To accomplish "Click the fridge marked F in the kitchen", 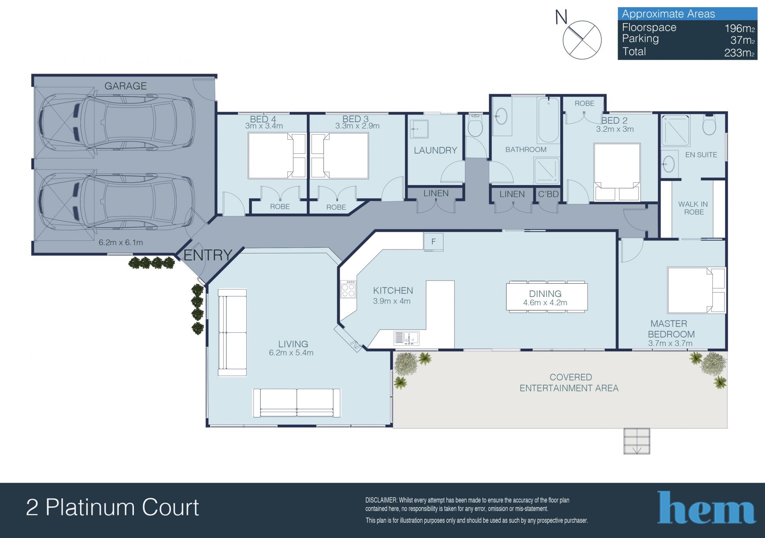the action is [x=433, y=242].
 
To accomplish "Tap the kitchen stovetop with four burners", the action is [x=348, y=289].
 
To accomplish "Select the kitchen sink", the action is [x=406, y=338].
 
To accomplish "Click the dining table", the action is [x=547, y=296].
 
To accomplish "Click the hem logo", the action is [x=706, y=508].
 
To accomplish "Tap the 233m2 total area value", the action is [x=739, y=53].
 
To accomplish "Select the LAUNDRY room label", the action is [x=435, y=150].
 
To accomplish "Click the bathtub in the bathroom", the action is [x=548, y=120].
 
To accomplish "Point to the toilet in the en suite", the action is [x=709, y=125].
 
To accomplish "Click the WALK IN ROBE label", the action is [x=693, y=208].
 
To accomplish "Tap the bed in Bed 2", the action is [x=617, y=172].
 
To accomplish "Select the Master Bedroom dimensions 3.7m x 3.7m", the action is [x=670, y=343].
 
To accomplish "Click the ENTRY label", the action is [x=208, y=255].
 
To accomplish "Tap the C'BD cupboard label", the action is [x=548, y=194].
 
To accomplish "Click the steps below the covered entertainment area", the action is [x=637, y=441].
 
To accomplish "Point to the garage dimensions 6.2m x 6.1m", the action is [x=121, y=242].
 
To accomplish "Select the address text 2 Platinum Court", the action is [x=112, y=508].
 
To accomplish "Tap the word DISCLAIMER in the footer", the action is [x=381, y=500].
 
